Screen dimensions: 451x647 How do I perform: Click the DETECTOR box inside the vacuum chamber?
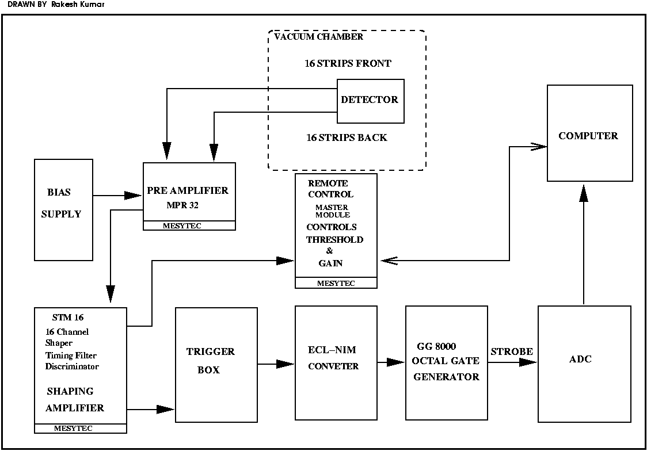tap(370, 101)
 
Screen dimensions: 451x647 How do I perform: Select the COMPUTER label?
tap(588, 136)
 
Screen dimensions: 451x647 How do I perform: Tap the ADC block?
tap(584, 364)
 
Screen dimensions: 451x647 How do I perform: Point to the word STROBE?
tap(512, 351)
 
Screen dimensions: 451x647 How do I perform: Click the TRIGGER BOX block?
tap(216, 364)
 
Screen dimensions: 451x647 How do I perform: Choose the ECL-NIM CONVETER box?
tap(336, 363)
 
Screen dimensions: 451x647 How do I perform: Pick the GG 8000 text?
tap(436, 346)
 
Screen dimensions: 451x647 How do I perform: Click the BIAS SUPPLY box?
tap(63, 210)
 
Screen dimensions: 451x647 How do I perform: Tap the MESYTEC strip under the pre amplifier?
tap(189, 225)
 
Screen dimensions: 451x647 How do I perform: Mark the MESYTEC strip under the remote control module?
tap(336, 283)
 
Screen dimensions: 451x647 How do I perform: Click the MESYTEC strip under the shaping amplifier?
tap(81, 429)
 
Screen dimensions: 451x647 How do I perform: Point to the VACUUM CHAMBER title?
tap(318, 37)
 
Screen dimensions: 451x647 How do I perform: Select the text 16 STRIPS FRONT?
tap(348, 63)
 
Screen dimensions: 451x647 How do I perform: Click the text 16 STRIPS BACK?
tap(347, 138)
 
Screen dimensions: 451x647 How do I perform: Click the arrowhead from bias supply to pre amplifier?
tap(134, 196)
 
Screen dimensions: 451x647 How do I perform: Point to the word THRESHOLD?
tap(334, 239)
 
